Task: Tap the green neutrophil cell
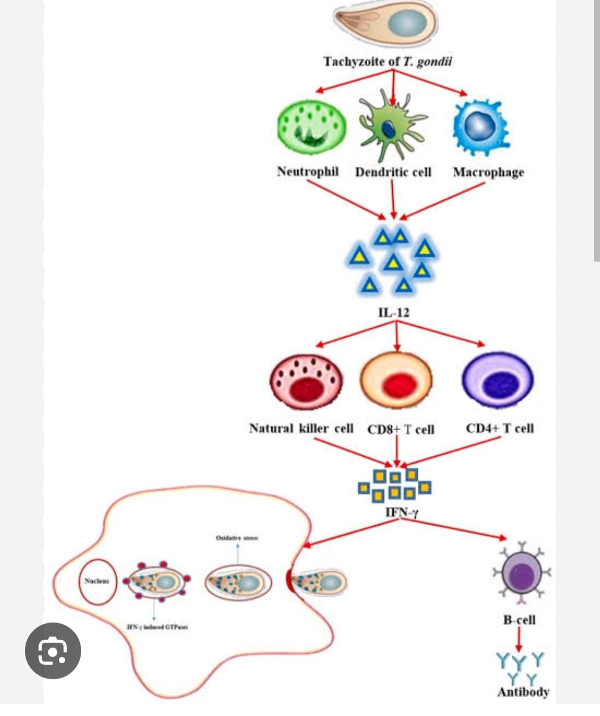click(311, 127)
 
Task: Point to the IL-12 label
click(393, 312)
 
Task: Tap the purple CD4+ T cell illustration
click(498, 381)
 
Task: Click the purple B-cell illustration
click(521, 573)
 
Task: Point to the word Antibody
click(523, 692)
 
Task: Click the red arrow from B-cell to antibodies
click(519, 640)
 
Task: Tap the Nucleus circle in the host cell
click(98, 581)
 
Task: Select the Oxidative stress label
click(237, 538)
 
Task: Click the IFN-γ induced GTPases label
click(157, 627)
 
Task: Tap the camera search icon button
click(53, 651)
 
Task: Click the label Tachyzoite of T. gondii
click(387, 61)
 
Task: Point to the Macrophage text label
click(488, 172)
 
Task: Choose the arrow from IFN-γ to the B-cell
click(456, 529)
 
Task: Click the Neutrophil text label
click(308, 171)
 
